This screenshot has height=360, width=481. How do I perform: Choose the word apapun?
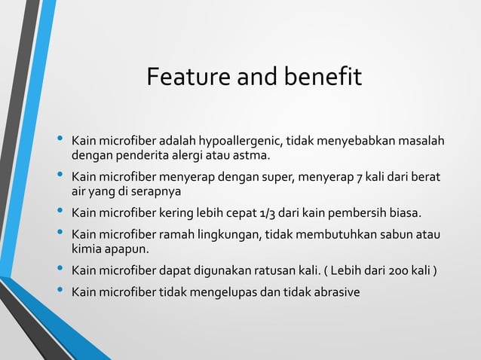point(127,248)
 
